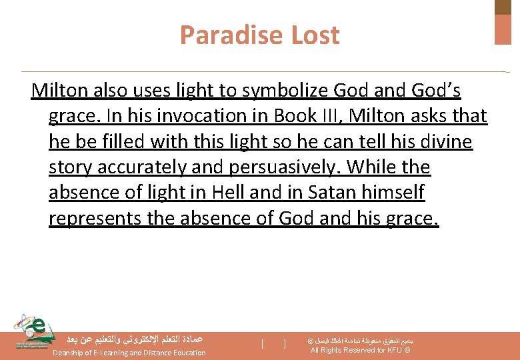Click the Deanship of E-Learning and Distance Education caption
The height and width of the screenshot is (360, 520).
coord(129,353)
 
